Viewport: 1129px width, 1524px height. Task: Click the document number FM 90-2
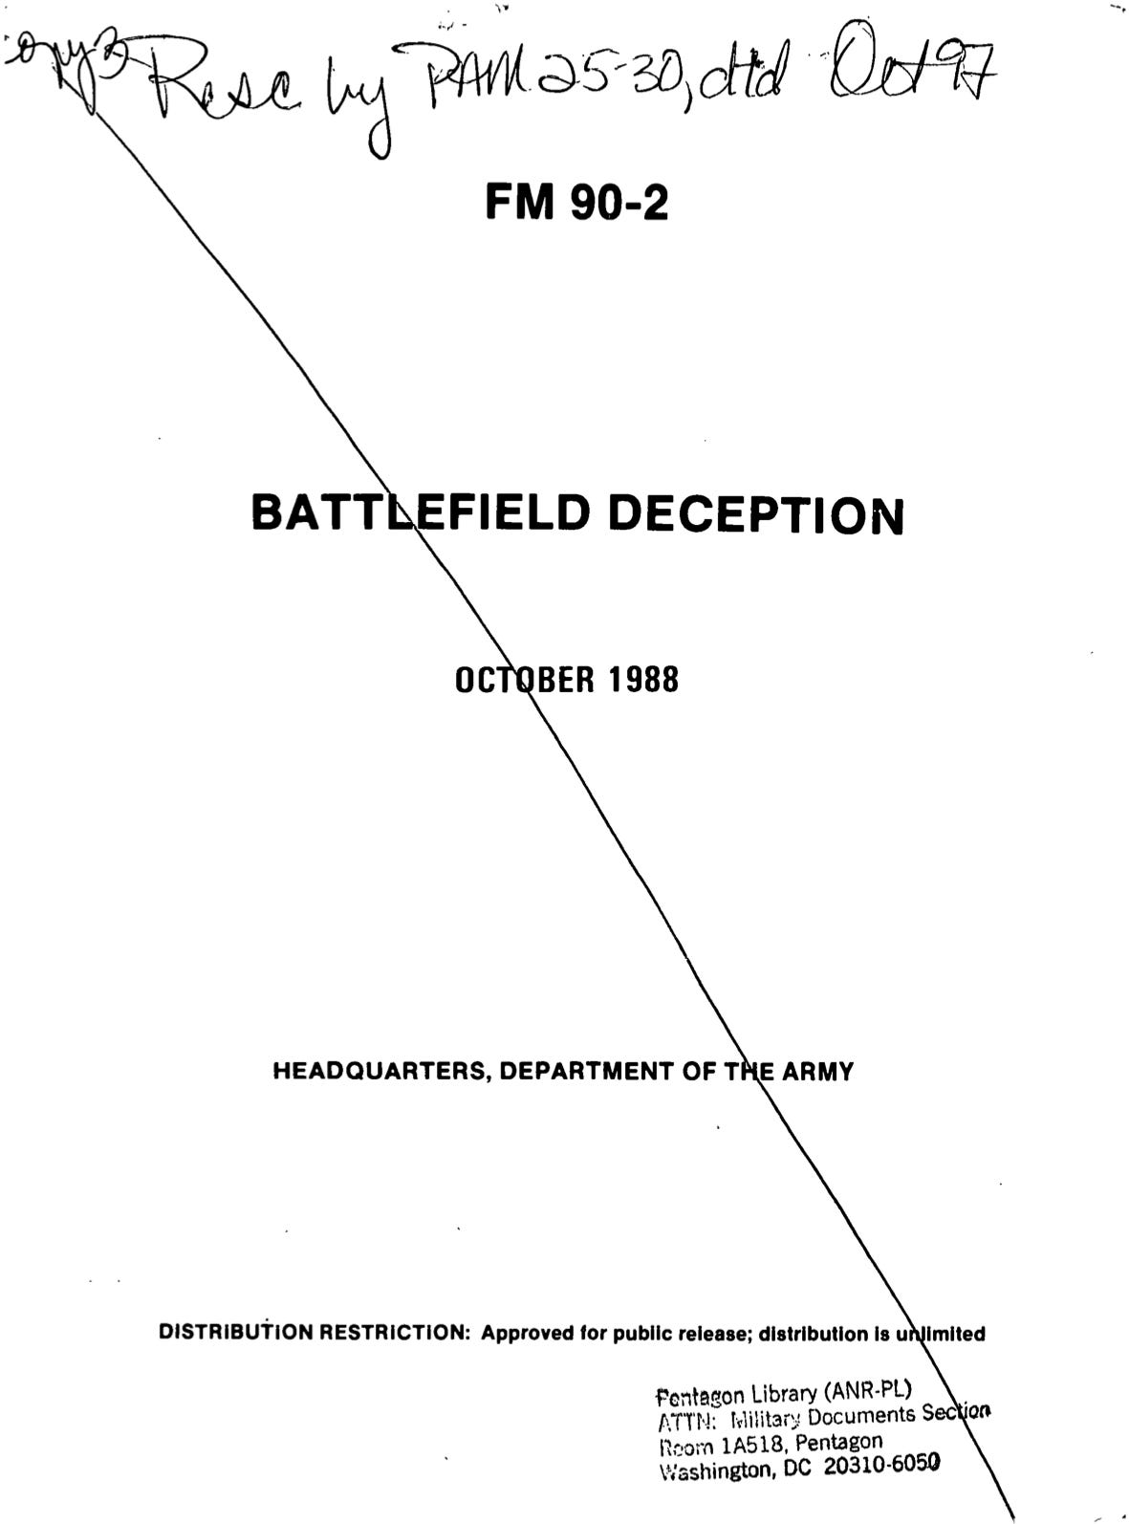[x=576, y=202]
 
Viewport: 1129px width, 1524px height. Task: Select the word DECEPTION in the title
[x=756, y=515]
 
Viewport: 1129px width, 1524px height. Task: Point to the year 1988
[x=642, y=681]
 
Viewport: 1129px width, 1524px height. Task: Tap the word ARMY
[x=817, y=1072]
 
